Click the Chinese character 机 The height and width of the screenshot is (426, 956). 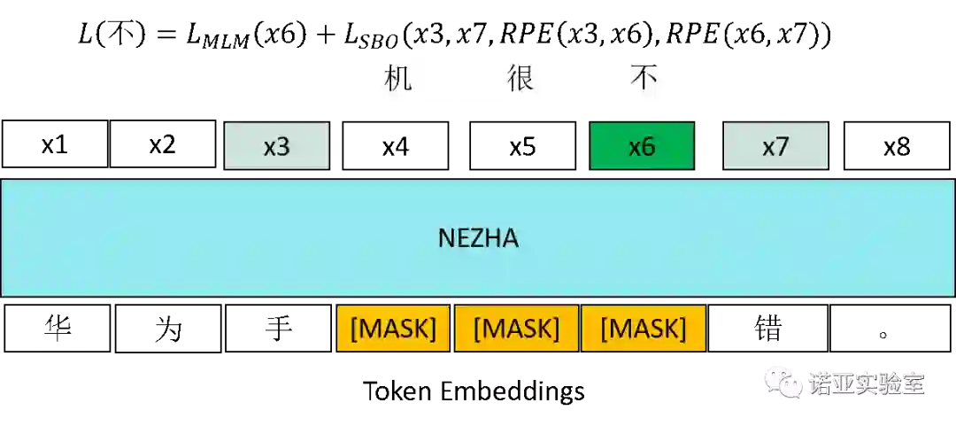398,78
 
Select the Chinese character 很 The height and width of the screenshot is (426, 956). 520,78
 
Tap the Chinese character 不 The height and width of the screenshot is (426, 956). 644,78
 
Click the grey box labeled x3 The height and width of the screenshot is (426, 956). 276,146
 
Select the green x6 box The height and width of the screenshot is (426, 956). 642,146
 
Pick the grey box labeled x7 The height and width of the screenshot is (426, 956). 775,146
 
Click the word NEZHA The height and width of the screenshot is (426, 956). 478,238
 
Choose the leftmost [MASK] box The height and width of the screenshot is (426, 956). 393,329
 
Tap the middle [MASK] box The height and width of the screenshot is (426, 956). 516,329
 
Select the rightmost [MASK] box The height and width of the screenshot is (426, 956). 644,329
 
